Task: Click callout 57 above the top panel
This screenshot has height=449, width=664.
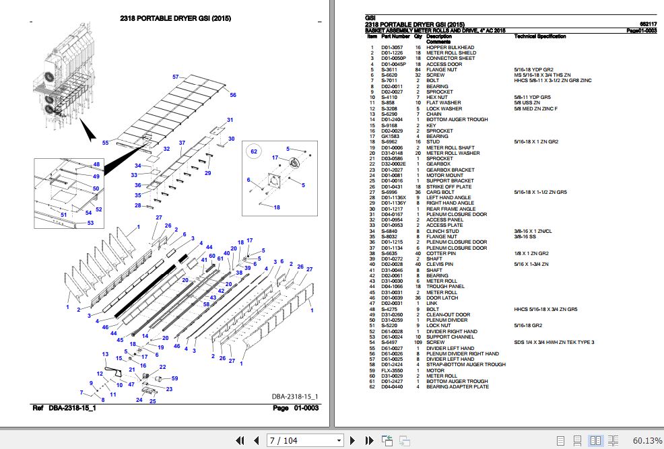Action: point(176,77)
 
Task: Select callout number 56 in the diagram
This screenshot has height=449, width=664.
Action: point(233,96)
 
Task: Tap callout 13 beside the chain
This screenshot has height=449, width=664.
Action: point(105,354)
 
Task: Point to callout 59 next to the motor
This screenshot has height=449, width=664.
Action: point(174,378)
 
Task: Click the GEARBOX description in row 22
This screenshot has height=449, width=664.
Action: point(438,164)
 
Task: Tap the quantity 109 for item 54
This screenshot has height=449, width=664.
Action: point(418,343)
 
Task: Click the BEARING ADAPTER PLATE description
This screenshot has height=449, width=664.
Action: point(457,387)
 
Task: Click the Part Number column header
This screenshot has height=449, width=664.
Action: point(395,36)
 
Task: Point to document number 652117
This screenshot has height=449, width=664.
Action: point(647,25)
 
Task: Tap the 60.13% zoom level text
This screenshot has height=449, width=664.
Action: point(646,441)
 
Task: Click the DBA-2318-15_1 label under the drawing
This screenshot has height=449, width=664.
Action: point(294,396)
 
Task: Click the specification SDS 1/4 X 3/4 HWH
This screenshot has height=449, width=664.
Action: point(554,343)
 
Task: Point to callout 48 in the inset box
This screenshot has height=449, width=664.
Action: point(96,165)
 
